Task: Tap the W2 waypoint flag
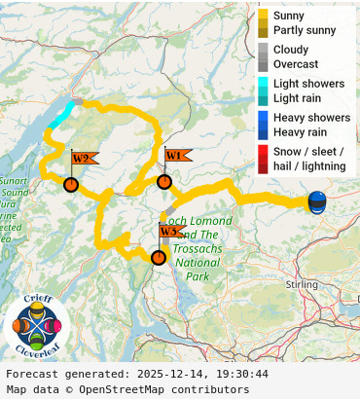click(83, 159)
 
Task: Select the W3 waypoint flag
click(170, 232)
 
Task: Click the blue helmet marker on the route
click(317, 202)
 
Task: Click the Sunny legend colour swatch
click(264, 16)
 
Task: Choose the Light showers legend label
click(308, 84)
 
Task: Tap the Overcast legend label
click(295, 64)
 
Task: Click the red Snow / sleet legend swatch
click(264, 152)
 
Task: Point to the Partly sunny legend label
click(305, 30)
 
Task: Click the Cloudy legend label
click(291, 50)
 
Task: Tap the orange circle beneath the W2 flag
click(71, 185)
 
